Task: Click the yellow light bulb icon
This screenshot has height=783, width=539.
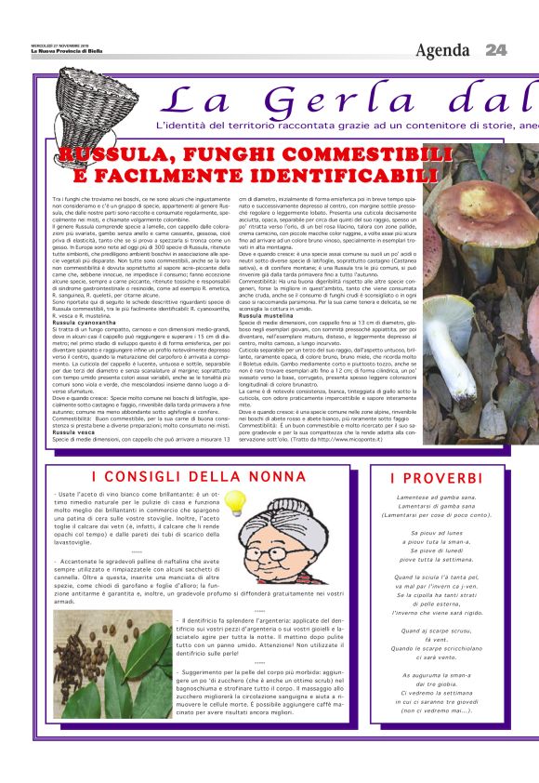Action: click(x=234, y=503)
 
